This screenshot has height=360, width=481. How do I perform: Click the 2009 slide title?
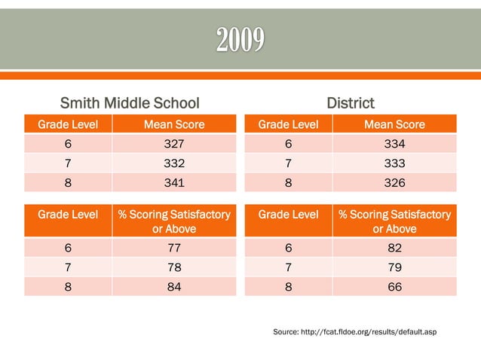[x=240, y=39]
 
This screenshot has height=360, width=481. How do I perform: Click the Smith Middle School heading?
[x=130, y=102]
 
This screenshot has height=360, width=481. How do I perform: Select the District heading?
[x=351, y=102]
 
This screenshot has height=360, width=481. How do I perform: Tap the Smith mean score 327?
[x=174, y=143]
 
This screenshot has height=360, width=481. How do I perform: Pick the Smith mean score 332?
[x=174, y=163]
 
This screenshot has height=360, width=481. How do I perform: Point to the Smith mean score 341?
[x=174, y=182]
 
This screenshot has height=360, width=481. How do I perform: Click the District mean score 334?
[x=394, y=143]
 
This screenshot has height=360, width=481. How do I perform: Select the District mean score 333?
[x=394, y=163]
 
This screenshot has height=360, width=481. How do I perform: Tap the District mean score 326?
[x=394, y=182]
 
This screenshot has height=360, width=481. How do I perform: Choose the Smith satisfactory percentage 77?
[x=174, y=249]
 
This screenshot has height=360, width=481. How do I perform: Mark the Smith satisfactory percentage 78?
[x=174, y=267]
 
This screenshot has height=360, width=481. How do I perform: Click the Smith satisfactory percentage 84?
[x=174, y=287]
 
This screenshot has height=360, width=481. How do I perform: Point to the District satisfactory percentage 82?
[x=394, y=249]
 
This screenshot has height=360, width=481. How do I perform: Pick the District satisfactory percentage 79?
[x=394, y=267]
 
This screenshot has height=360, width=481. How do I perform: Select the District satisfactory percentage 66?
[x=394, y=287]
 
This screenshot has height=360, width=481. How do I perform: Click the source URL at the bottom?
[x=354, y=331]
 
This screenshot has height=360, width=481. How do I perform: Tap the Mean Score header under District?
[x=394, y=124]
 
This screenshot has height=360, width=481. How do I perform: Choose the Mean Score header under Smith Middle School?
[x=174, y=124]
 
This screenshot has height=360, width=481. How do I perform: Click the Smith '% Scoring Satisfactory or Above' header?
[x=174, y=221]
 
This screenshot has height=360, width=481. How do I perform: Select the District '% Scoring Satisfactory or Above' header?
[x=394, y=221]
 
